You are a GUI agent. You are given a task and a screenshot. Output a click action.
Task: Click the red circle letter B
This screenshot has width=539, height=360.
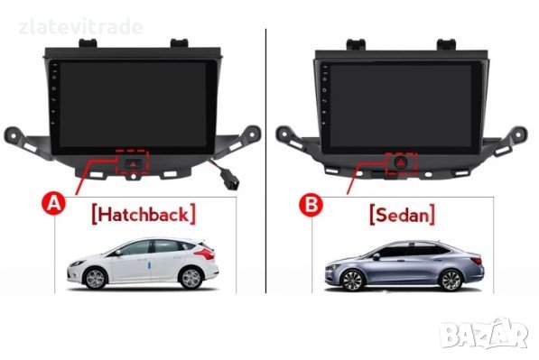[311, 205]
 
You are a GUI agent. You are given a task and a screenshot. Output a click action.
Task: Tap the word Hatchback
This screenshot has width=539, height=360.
[144, 214]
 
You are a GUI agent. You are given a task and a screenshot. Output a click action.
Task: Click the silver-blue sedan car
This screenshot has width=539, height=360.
[404, 263]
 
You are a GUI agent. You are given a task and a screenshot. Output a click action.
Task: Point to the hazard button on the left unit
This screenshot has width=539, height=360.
[133, 163]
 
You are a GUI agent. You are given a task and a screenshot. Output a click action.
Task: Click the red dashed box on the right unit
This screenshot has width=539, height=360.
[400, 164]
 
